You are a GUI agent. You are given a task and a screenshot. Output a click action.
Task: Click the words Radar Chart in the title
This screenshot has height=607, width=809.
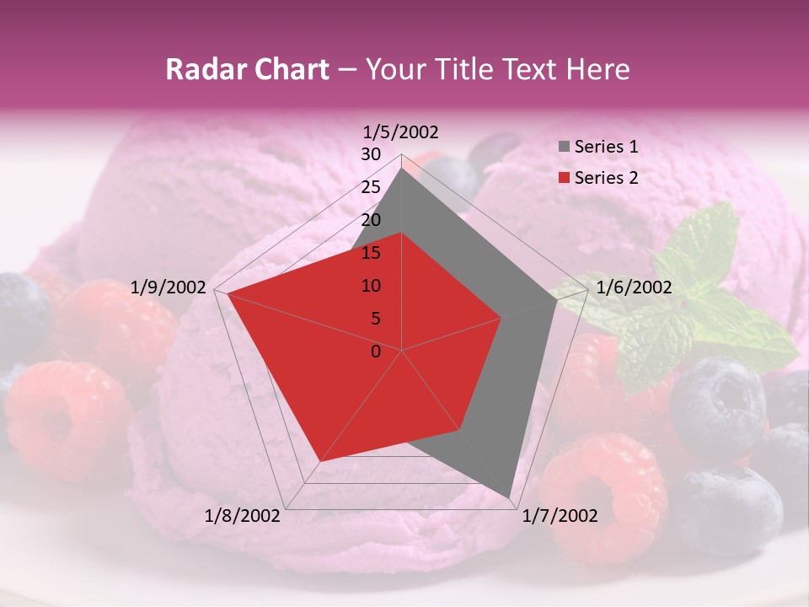pyautogui.click(x=247, y=69)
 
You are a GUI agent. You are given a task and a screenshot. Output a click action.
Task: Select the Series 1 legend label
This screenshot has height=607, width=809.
pyautogui.click(x=606, y=147)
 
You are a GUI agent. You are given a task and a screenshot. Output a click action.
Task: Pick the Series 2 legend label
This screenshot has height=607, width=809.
pyautogui.click(x=606, y=178)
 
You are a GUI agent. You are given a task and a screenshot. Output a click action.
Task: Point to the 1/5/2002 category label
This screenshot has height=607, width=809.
pyautogui.click(x=400, y=132)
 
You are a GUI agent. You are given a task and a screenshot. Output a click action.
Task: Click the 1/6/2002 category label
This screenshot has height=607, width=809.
pyautogui.click(x=634, y=287)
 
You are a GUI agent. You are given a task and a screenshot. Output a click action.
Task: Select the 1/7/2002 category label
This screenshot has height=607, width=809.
pyautogui.click(x=560, y=516)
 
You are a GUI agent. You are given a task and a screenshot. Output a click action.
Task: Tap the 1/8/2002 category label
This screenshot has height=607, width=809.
pyautogui.click(x=243, y=516)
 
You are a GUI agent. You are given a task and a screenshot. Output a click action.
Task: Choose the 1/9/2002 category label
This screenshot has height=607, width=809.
pyautogui.click(x=169, y=287)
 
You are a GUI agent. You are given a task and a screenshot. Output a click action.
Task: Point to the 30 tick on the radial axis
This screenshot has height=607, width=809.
pyautogui.click(x=371, y=154)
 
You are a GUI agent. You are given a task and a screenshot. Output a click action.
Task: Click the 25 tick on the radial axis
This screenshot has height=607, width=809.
pyautogui.click(x=371, y=187)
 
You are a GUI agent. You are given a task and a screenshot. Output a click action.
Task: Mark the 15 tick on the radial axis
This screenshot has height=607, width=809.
pyautogui.click(x=371, y=253)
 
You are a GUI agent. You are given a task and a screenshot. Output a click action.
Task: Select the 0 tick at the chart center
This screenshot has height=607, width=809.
pyautogui.click(x=376, y=352)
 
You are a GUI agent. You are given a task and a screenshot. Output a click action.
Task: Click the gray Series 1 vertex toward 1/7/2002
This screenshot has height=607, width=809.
pyautogui.click(x=509, y=497)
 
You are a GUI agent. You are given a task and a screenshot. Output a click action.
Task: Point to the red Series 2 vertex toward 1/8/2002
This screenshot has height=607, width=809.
pyautogui.click(x=319, y=462)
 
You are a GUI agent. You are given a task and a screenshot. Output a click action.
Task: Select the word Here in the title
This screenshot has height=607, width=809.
pyautogui.click(x=597, y=69)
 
